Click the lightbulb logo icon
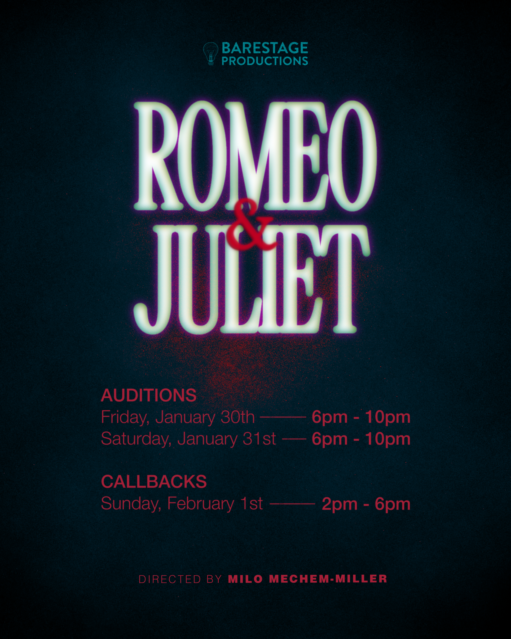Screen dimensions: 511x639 point(211,54)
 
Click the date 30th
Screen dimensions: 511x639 point(238,417)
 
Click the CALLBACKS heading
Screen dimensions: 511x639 point(154,481)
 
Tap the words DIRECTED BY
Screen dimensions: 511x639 point(180,579)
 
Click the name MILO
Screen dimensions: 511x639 point(245,579)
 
